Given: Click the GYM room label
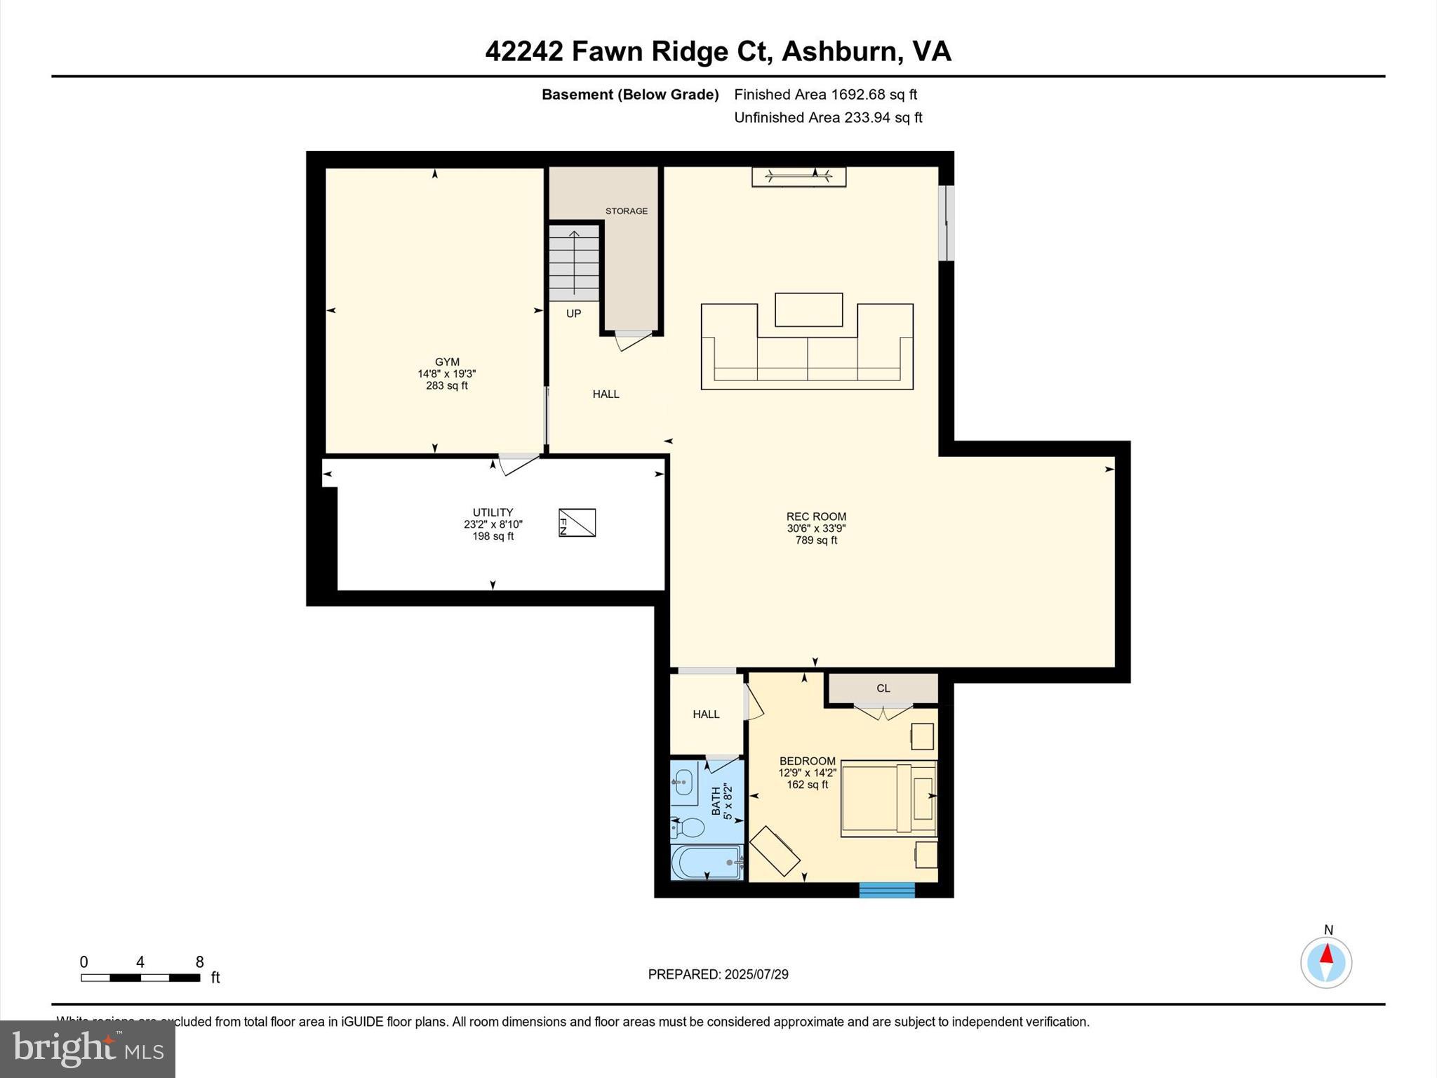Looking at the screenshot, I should (x=447, y=363).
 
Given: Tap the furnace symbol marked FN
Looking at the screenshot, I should (x=577, y=523).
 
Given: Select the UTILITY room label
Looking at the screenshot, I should (x=493, y=513).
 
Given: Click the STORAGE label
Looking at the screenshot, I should (x=627, y=211).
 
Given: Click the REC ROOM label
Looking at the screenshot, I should (x=816, y=517).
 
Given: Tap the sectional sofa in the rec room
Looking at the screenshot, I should (x=807, y=358).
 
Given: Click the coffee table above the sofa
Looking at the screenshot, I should (x=808, y=310).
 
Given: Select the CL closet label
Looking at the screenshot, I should (x=883, y=688).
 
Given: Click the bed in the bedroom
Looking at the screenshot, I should (x=888, y=798).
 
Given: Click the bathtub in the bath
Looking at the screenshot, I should (x=705, y=863).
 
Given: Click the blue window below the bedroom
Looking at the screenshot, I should (x=887, y=890).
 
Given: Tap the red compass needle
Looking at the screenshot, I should (x=1326, y=954).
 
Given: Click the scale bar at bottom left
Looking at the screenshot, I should (x=140, y=978).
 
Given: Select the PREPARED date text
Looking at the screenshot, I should (x=718, y=974).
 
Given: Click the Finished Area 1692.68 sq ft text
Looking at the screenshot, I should (x=825, y=95).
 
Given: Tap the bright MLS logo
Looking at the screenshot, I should (x=88, y=1049).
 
